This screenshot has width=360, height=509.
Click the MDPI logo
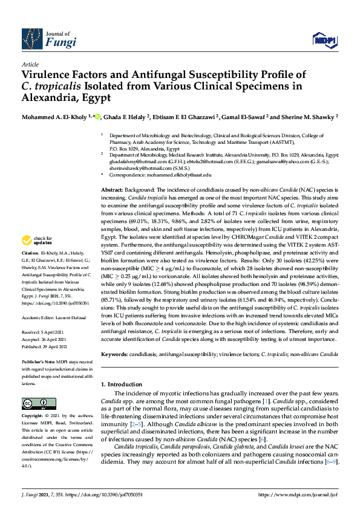point(324,41)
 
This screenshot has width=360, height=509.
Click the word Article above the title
point(30,64)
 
